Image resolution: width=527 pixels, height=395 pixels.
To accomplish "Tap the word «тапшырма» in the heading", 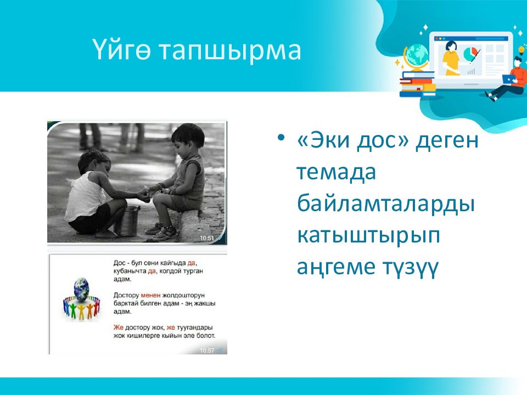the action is click(230, 52).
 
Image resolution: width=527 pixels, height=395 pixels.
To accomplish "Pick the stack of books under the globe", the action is click(417, 84).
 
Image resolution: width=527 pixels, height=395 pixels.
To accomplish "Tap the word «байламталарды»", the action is click(386, 204).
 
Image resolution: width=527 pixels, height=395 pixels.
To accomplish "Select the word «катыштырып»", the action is click(369, 236).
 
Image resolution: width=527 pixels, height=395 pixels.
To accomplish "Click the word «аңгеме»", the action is click(336, 267).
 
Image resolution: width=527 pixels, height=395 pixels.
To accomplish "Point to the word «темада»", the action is click(336, 172).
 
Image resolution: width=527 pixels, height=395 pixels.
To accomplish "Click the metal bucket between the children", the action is click(128, 221).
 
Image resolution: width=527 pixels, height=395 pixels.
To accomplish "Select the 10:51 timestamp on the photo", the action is click(207, 238).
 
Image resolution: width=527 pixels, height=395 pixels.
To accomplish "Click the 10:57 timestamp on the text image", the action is click(207, 351).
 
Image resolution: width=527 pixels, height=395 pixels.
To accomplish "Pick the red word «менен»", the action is click(150, 295).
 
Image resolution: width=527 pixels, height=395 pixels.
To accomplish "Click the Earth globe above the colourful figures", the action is click(81, 289).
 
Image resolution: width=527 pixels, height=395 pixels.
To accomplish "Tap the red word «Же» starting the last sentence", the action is click(119, 327).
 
